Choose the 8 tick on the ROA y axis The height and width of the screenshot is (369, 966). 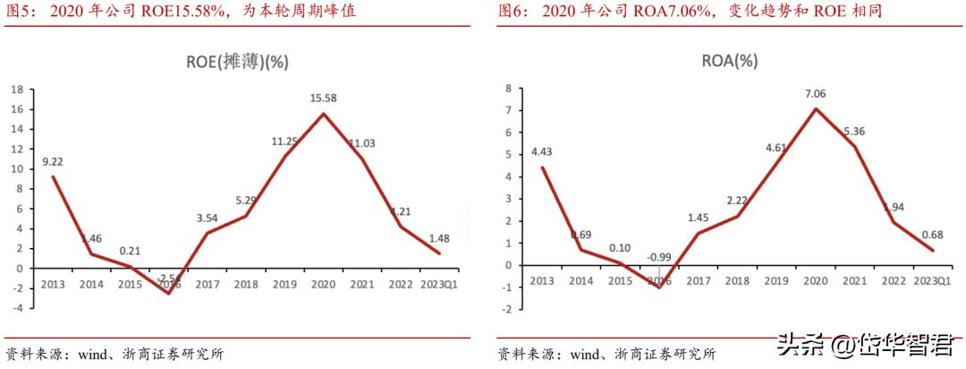(506, 88)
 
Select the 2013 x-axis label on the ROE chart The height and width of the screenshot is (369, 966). (53, 283)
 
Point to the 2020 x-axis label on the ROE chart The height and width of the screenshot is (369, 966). (324, 283)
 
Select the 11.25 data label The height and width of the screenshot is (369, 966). (285, 141)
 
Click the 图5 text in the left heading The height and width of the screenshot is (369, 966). (21, 12)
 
